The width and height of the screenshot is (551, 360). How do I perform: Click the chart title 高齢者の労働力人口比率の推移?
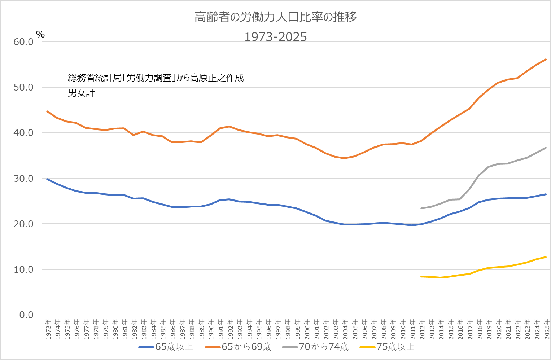point(276,17)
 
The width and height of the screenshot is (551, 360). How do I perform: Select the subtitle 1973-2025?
point(276,37)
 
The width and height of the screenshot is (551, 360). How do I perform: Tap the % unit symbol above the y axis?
point(40,34)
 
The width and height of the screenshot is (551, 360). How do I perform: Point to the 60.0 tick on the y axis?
point(23,42)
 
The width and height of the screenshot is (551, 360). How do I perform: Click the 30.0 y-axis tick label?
point(23,179)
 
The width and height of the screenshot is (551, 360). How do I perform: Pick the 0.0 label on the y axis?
point(26,315)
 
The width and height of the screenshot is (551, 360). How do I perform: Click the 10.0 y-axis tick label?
point(23,269)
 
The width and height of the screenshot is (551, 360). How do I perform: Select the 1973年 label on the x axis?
point(48,329)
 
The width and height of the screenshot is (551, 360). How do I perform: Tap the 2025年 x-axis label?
point(547,329)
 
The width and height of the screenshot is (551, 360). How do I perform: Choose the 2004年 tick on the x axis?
point(345,329)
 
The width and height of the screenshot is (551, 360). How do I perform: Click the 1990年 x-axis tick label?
point(211,329)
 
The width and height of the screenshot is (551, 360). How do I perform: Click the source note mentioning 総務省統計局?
point(156,78)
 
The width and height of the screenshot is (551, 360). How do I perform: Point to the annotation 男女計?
point(81,93)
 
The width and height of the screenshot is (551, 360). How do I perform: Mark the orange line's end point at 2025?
point(546,59)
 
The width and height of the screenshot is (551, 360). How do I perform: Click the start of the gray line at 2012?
point(421,208)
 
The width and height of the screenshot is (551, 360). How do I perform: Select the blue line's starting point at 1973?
point(47,179)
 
